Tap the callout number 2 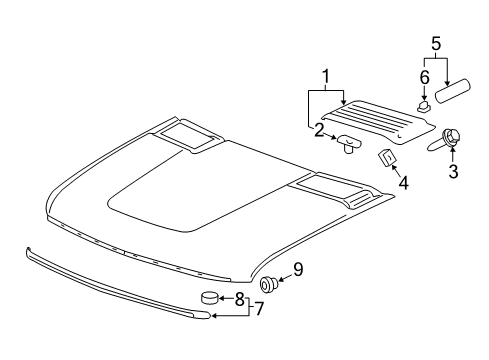click(x=319, y=129)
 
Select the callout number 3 click(x=453, y=173)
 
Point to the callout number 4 click(x=403, y=183)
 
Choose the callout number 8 click(x=240, y=298)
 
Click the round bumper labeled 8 click(x=210, y=296)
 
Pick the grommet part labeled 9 click(x=268, y=284)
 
